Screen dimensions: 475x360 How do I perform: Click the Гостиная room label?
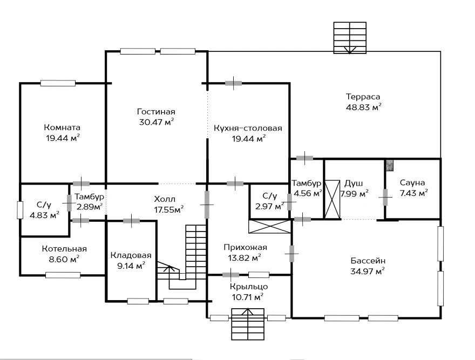tap(156, 112)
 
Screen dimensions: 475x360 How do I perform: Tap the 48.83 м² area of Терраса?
tap(363, 107)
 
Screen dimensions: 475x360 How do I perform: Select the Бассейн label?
tap(368, 261)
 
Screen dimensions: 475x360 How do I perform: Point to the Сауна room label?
tap(412, 182)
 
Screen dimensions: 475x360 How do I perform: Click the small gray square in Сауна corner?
tap(390, 165)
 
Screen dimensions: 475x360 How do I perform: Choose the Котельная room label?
tap(64, 249)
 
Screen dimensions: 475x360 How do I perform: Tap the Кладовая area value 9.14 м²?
tap(131, 266)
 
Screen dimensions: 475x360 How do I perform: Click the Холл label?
tap(165, 199)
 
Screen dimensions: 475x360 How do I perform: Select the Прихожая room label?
tap(246, 247)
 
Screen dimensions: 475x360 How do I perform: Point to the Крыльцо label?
tap(249, 287)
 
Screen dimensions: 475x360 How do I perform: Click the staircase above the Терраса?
tap(350, 38)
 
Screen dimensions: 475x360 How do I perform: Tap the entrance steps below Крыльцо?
tap(248, 324)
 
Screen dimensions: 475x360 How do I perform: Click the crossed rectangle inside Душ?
tap(332, 199)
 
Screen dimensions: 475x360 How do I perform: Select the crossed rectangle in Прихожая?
tap(269, 226)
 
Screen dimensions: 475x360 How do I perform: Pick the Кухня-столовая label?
tap(248, 128)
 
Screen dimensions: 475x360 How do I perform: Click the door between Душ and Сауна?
tap(385, 197)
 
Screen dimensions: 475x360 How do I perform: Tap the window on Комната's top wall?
tap(58, 83)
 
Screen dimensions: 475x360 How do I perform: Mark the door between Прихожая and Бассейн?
tap(291, 254)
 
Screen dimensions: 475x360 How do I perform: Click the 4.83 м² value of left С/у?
tap(44, 215)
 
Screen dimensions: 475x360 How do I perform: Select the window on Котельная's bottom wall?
tap(63, 275)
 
